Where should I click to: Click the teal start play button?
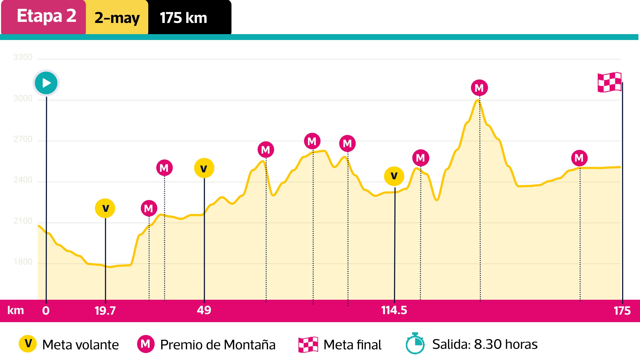click(x=46, y=83)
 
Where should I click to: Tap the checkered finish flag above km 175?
click(x=610, y=82)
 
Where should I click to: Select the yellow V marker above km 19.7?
click(x=105, y=208)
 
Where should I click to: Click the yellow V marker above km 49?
click(x=204, y=168)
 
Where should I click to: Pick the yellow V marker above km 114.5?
click(x=394, y=176)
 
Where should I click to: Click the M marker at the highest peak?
click(x=479, y=88)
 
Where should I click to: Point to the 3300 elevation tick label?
click(x=23, y=57)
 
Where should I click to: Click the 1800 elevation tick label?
click(x=23, y=262)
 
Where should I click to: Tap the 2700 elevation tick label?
click(x=23, y=139)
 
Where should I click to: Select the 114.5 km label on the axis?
click(x=394, y=310)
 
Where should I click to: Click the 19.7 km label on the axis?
click(x=105, y=311)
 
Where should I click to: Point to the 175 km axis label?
click(x=622, y=311)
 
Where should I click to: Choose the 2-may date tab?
click(x=117, y=18)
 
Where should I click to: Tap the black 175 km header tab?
click(x=189, y=18)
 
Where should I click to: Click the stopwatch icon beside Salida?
click(x=415, y=344)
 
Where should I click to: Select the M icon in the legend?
click(x=146, y=344)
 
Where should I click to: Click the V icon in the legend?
click(x=28, y=344)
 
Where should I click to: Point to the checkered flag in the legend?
click(x=308, y=345)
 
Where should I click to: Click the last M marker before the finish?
click(x=579, y=158)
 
